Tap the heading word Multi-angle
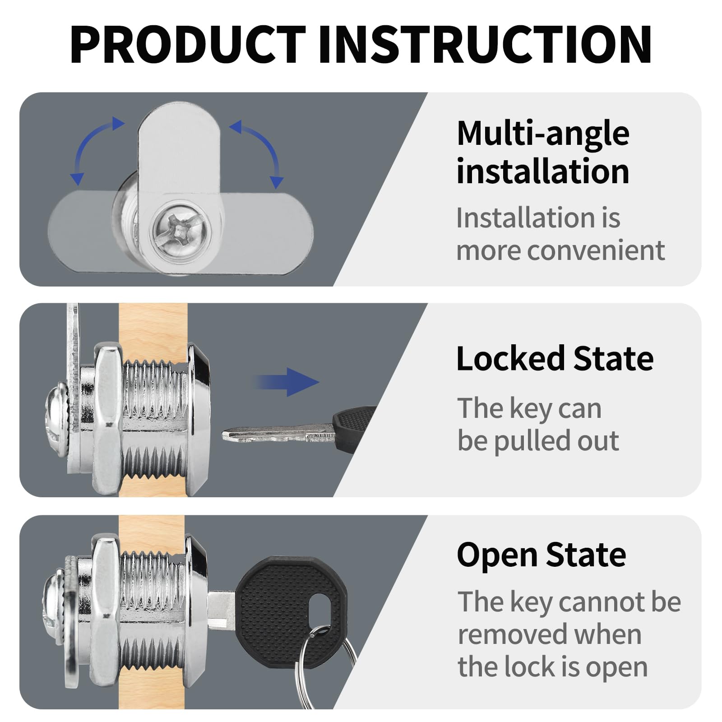[x=543, y=134]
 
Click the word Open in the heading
[x=497, y=555]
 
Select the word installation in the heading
[x=543, y=172]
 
